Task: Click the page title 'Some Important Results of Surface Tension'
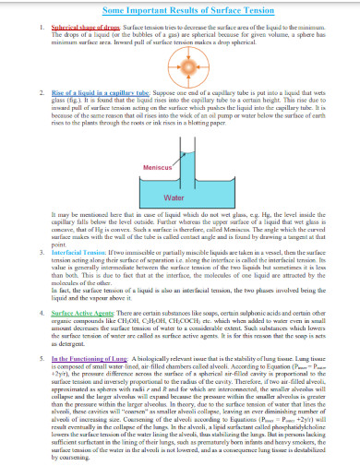coord(180,8)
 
